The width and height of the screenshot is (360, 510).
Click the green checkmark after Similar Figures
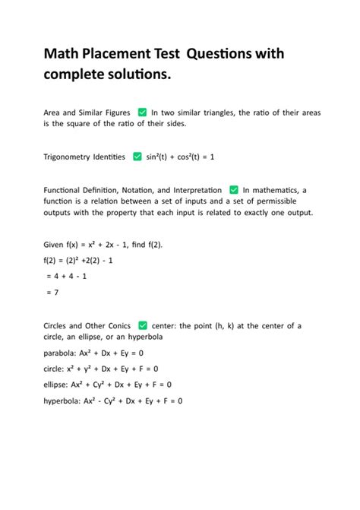142,112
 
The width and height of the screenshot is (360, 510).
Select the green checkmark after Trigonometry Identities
137,157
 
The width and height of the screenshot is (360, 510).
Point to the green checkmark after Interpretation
234,190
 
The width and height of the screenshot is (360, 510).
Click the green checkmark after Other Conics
143,325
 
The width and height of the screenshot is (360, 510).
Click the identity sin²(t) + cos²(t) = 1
181,157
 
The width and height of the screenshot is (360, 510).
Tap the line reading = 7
52,292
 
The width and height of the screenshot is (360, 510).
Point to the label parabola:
62,353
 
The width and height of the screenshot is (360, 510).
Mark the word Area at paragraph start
52,112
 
